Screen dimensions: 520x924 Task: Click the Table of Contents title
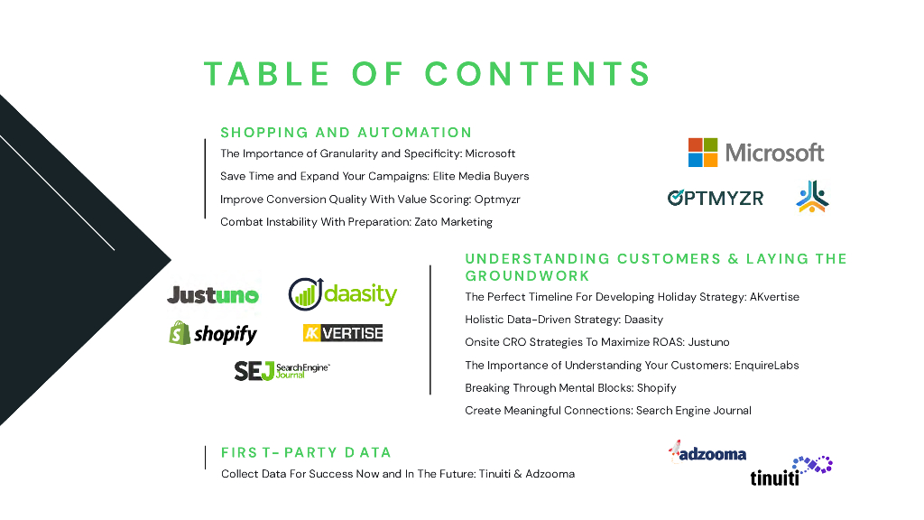(427, 73)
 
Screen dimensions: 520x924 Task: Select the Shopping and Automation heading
(346, 133)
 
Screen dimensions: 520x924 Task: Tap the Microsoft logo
(756, 153)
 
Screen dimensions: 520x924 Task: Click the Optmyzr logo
(715, 198)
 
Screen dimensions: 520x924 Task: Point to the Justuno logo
(213, 295)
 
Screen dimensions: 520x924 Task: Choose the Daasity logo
(343, 293)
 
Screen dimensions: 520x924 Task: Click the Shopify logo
(213, 334)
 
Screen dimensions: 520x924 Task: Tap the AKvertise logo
(343, 333)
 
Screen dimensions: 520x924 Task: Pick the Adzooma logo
(707, 452)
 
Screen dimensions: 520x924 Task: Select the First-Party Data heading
(306, 452)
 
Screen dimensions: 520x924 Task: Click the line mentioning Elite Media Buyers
(374, 176)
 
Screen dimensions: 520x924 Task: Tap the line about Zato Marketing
(356, 222)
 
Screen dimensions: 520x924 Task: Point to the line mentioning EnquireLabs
(632, 366)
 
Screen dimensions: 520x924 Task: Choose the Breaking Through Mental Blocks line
(570, 388)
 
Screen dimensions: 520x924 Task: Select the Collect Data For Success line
(398, 474)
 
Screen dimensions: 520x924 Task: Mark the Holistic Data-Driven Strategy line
(564, 320)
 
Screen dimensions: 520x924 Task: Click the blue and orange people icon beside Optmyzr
(812, 196)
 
